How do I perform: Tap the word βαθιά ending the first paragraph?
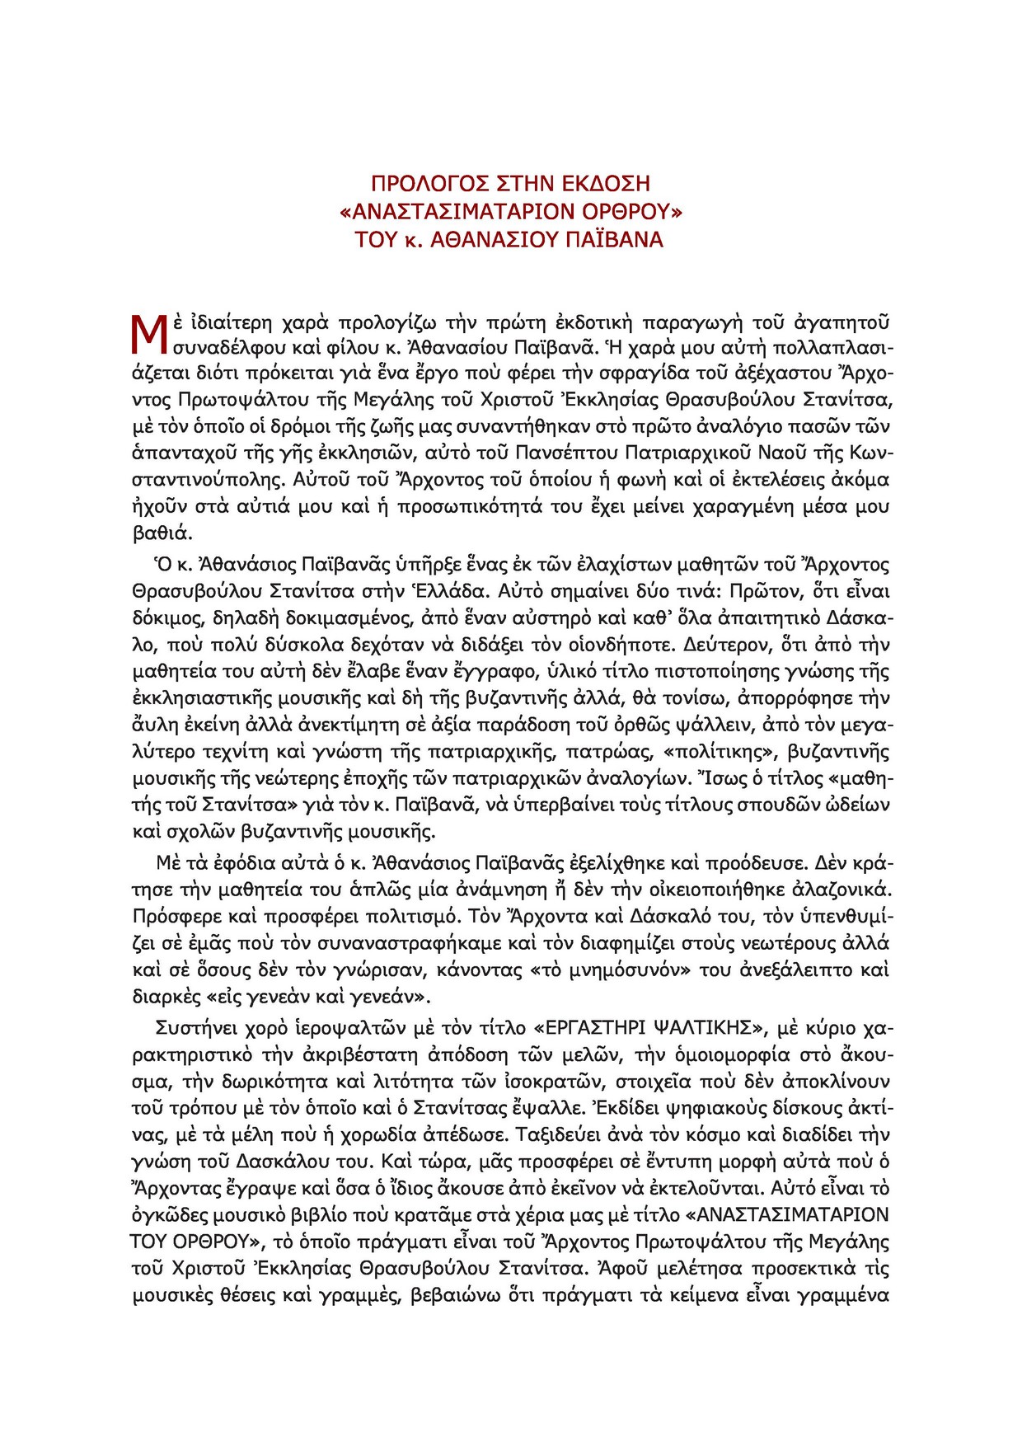[x=162, y=533]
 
